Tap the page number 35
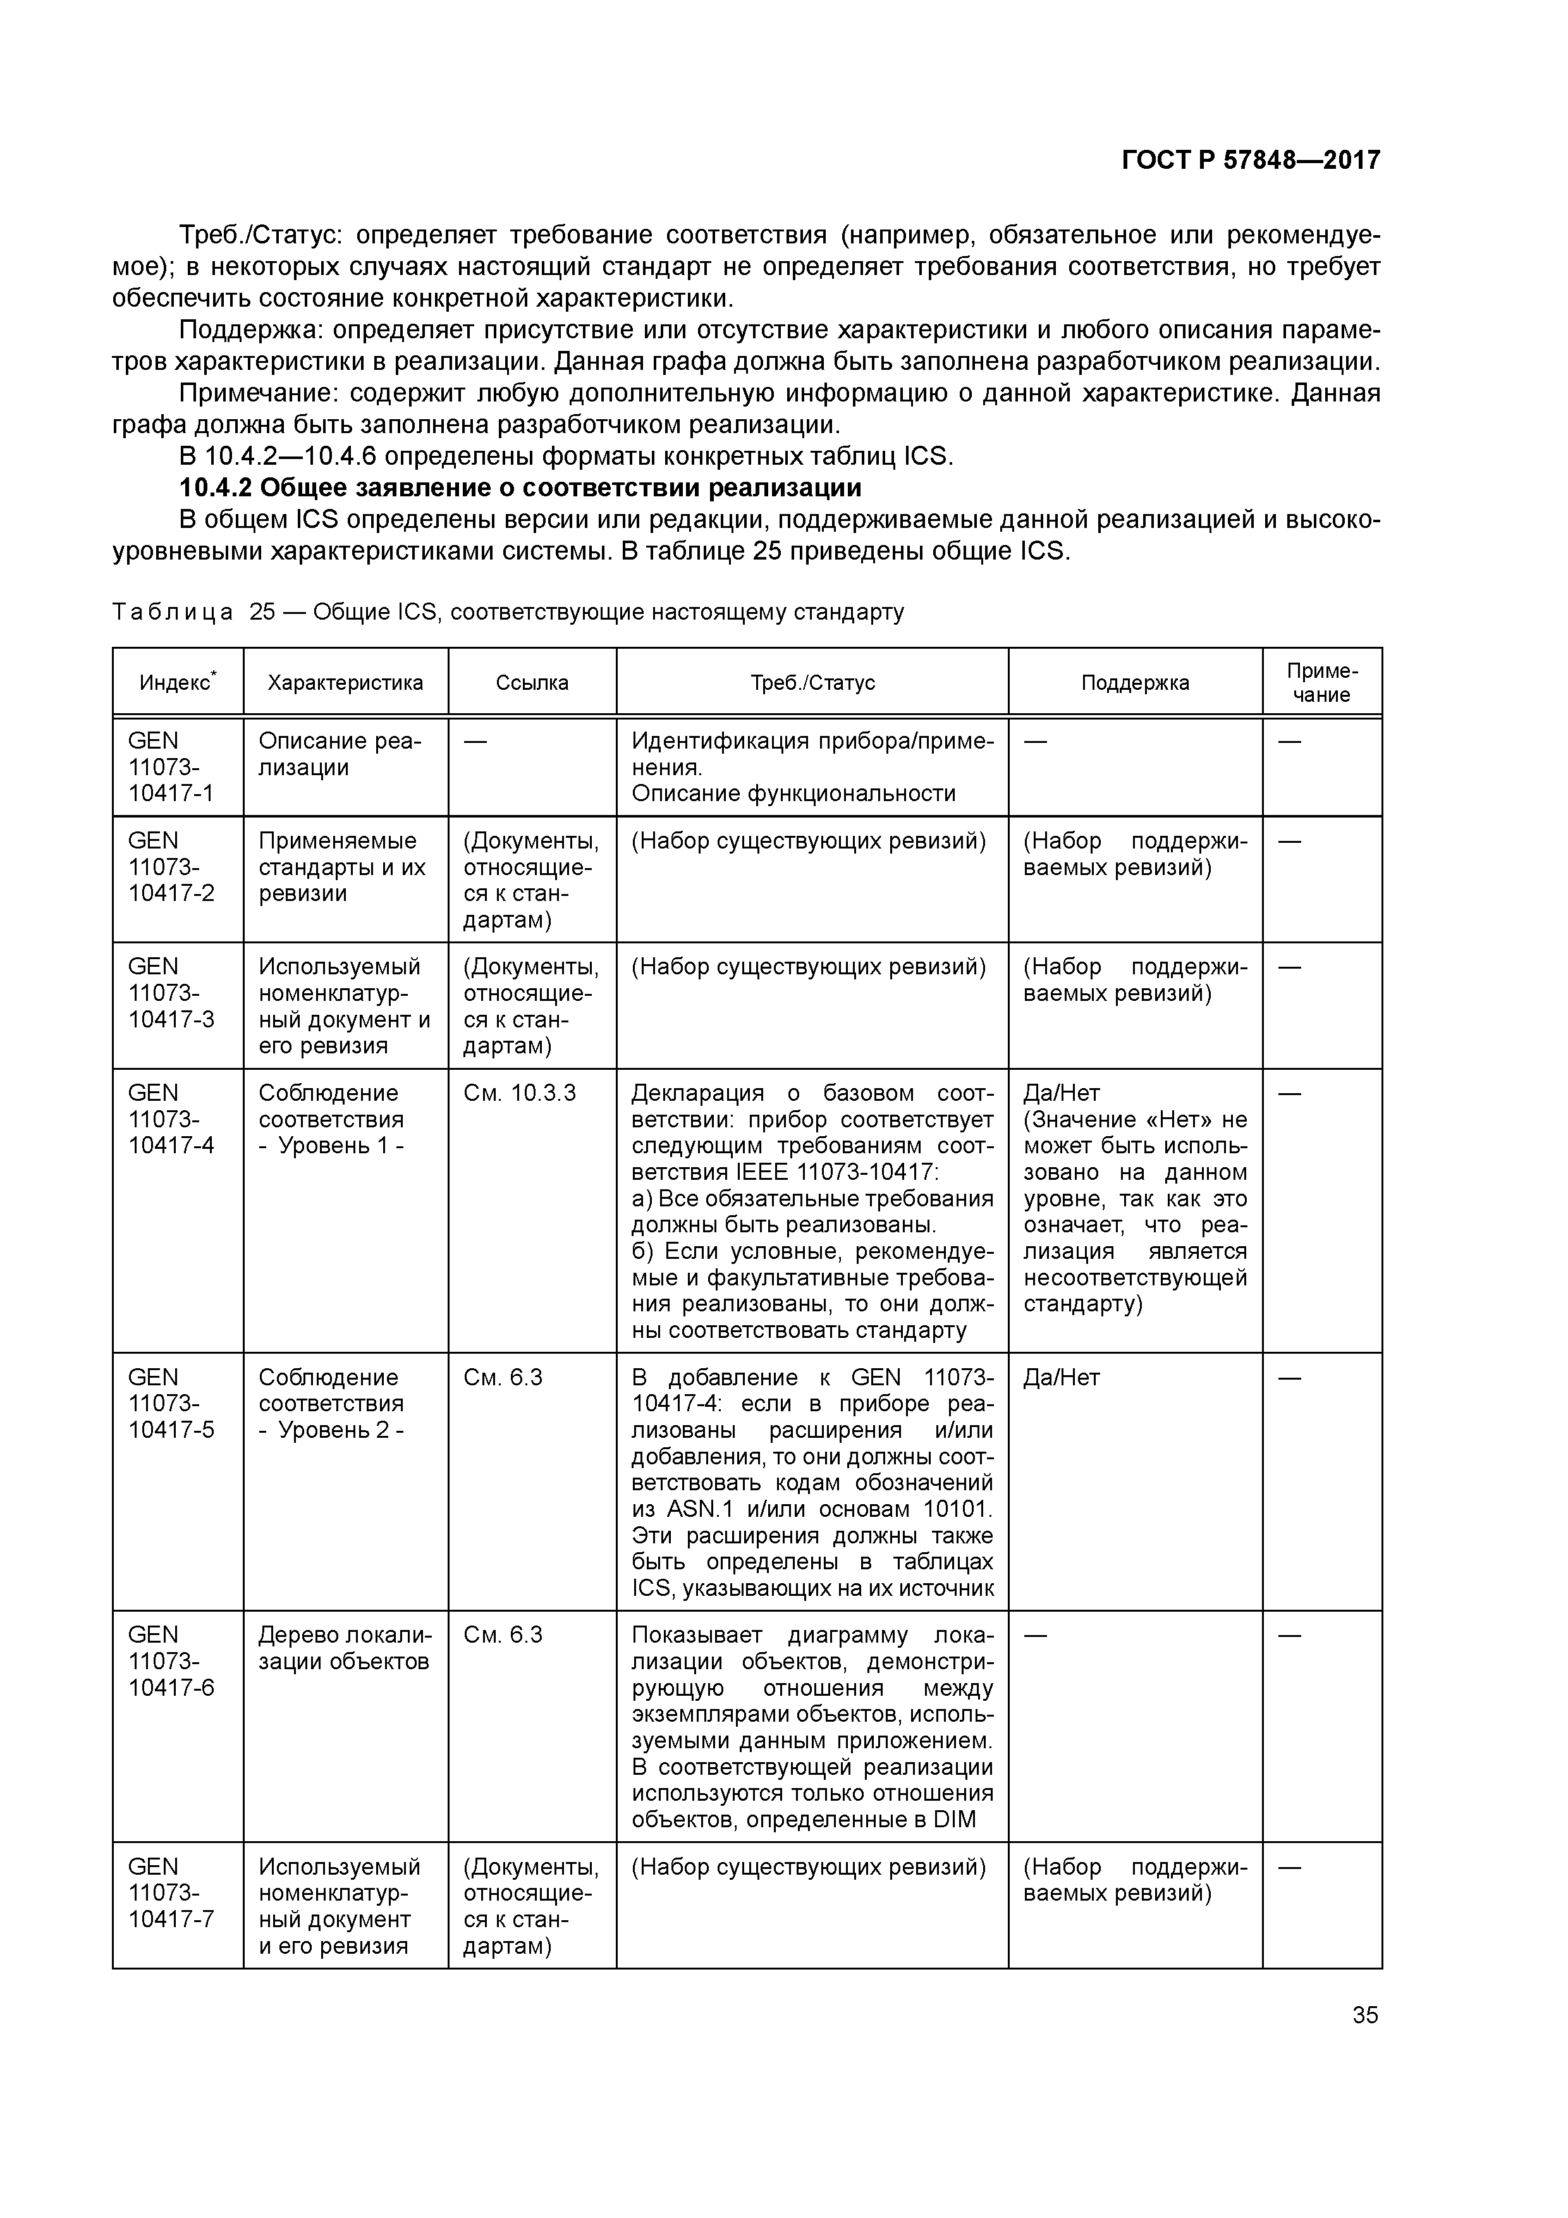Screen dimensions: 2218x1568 1365,2015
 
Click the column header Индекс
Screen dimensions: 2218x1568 177,683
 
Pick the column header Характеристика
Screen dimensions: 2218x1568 345,683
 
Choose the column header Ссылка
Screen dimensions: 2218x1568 531,683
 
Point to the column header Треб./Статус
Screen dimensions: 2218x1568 812,683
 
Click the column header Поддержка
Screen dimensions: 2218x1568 1134,683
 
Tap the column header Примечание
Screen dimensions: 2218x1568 1321,683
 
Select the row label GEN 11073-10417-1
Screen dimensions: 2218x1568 170,767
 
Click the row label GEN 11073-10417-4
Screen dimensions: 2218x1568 170,1118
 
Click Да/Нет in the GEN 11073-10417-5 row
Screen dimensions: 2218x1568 1061,1378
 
